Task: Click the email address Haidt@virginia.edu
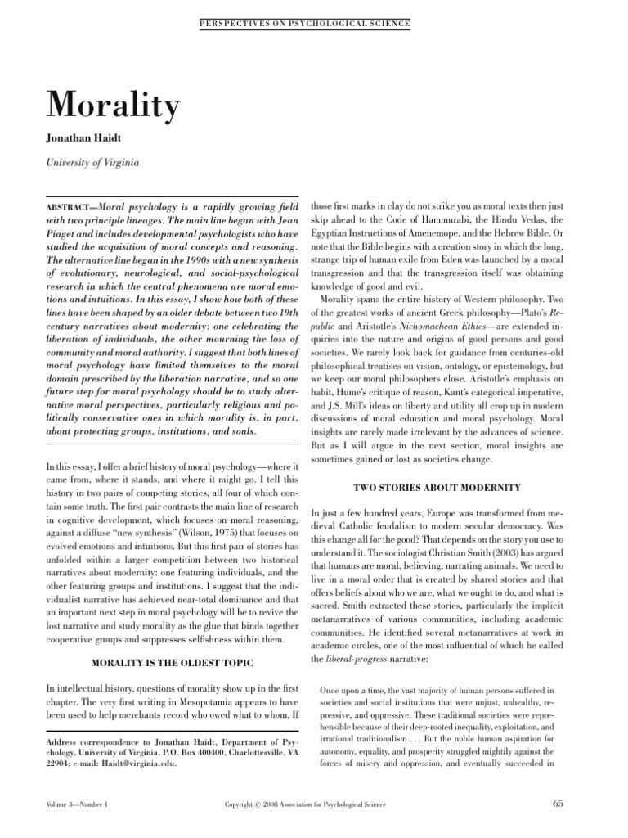pyautogui.click(x=143, y=765)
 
